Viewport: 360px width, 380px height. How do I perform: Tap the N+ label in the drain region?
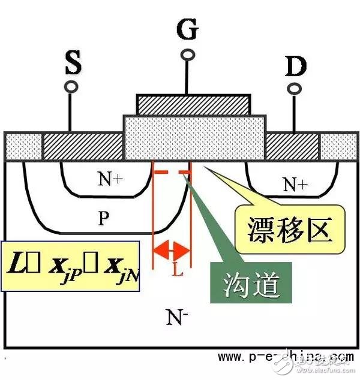point(294,184)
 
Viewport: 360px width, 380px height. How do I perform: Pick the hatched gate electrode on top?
point(193,104)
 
